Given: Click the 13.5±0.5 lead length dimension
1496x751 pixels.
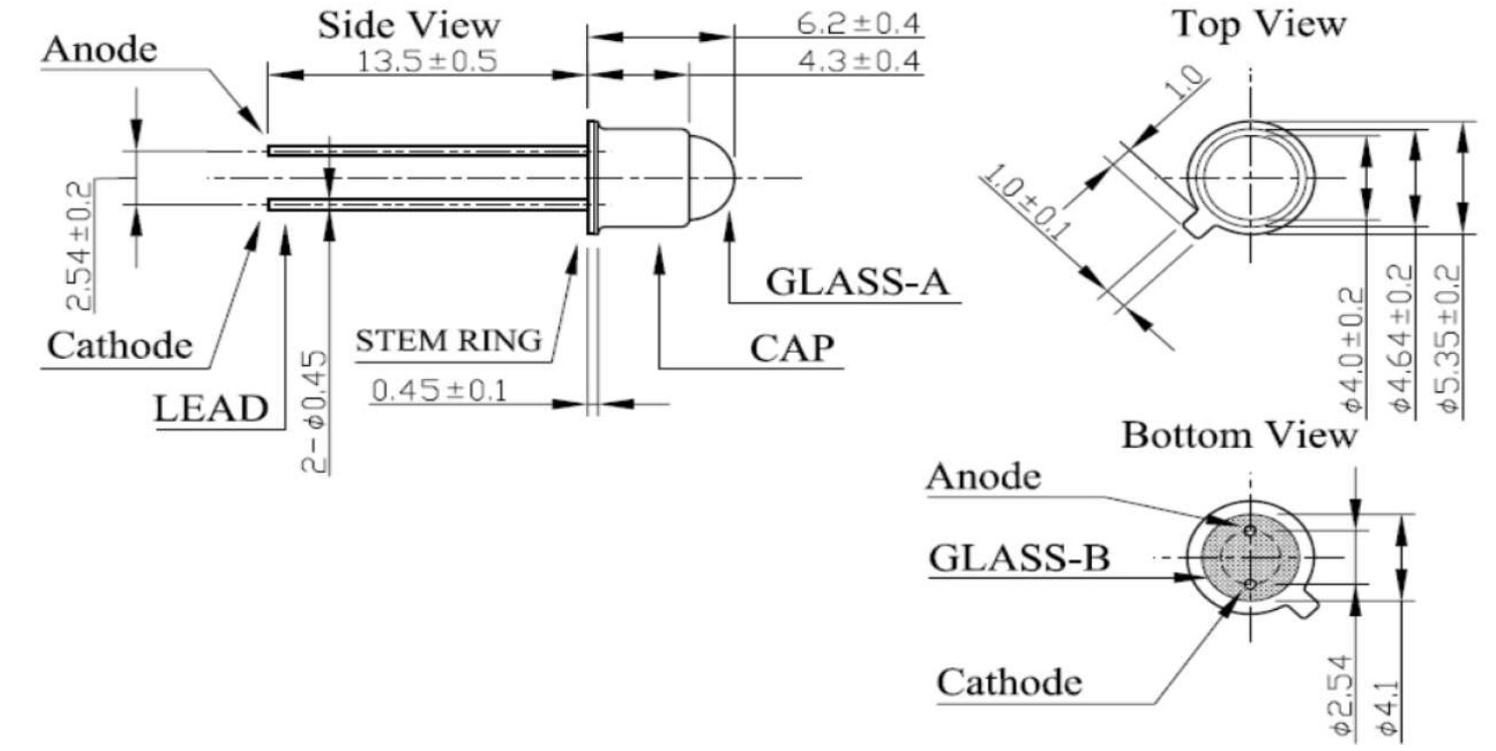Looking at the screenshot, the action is pos(427,61).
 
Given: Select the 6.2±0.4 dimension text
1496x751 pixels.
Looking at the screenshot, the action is pos(859,24).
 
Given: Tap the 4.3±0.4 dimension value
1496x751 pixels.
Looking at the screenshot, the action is pos(859,61).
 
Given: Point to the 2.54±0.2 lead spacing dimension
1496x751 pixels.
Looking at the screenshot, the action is pos(78,246).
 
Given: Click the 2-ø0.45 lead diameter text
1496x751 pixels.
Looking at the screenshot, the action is pos(314,410).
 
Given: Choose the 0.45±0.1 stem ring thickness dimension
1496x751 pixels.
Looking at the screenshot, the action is pos(439,390).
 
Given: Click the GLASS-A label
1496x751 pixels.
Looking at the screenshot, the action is pos(857,282).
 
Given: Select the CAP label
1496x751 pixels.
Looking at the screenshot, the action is pos(792,348).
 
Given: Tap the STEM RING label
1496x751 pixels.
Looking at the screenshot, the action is pos(448,341).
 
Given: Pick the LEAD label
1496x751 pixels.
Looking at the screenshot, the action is pos(211,409).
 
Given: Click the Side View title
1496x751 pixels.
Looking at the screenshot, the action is pos(408,24).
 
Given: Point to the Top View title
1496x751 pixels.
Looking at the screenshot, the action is pos(1259,24).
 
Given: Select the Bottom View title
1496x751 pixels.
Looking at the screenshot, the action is pos(1239,435).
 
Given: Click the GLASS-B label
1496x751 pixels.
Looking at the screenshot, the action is pos(1019,558).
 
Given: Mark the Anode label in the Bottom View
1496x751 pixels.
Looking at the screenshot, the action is pos(983,477).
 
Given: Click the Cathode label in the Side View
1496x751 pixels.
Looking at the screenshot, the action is pos(119,346).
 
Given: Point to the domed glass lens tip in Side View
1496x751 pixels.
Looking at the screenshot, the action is pos(736,179).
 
